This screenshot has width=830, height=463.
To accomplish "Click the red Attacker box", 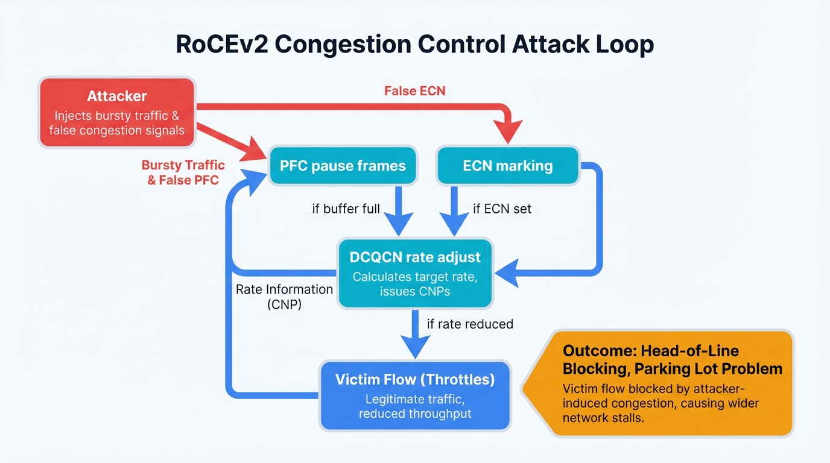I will [x=117, y=112].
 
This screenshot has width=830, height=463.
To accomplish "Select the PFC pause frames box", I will [x=343, y=166].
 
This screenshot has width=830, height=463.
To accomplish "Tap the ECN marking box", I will [x=507, y=166].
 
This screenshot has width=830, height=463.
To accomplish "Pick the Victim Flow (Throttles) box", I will [x=415, y=395].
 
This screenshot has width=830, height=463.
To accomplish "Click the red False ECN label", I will [x=415, y=91].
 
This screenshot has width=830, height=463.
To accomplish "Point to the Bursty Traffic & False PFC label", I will [x=183, y=172].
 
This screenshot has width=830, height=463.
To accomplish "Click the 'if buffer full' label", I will [x=346, y=209].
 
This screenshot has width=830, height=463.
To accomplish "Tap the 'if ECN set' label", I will [x=502, y=209].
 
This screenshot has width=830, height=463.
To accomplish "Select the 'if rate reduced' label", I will [x=470, y=324].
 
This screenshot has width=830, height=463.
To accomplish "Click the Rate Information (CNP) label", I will [x=284, y=297].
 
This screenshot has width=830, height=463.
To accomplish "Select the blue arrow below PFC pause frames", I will [x=398, y=211].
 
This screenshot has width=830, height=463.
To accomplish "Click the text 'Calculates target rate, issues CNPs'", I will [x=415, y=284].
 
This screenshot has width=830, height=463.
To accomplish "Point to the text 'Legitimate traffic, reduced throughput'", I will [x=415, y=406].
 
